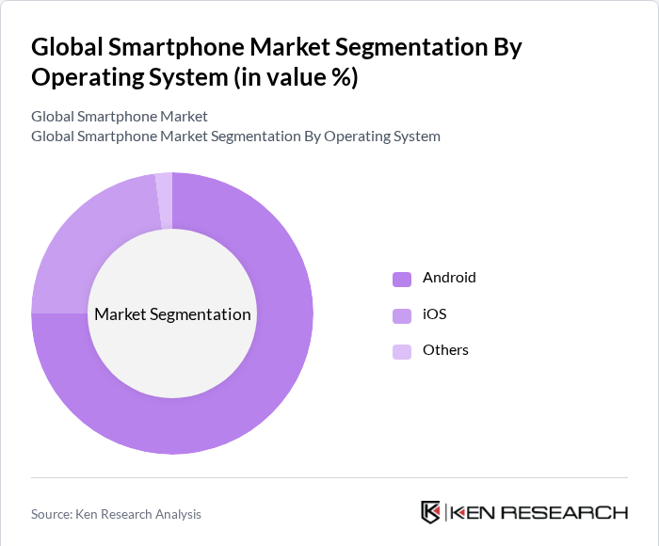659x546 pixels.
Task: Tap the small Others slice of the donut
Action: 165,201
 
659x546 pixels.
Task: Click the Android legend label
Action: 449,278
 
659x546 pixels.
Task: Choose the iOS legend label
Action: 434,313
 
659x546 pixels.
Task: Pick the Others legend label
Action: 445,350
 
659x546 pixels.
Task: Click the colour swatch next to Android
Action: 402,279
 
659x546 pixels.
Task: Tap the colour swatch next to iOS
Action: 402,314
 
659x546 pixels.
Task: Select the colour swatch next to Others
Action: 402,351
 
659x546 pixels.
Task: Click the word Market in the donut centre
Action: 120,314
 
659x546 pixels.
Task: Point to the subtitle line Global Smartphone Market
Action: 120,117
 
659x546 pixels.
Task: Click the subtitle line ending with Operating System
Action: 235,136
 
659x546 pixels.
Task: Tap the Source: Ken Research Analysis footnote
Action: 116,514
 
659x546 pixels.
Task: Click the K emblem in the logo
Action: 430,512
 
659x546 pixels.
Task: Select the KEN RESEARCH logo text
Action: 538,512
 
